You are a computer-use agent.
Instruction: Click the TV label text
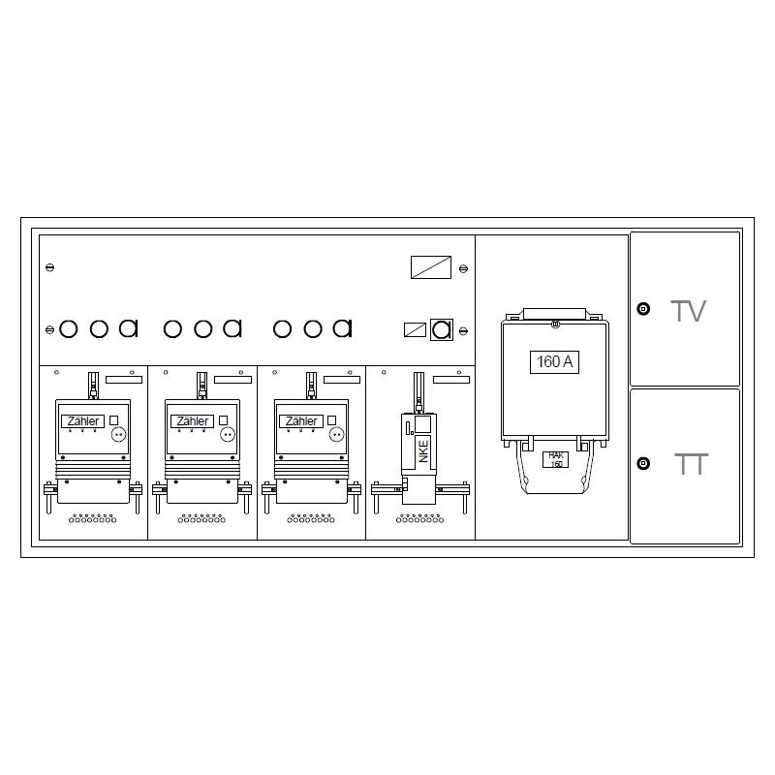[688, 311]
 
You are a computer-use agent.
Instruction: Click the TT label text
[691, 464]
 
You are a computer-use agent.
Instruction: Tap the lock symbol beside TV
[643, 309]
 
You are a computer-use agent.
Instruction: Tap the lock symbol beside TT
[643, 464]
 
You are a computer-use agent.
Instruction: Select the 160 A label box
[554, 361]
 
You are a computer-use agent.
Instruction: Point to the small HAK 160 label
[556, 459]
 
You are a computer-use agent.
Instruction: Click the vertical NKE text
[423, 451]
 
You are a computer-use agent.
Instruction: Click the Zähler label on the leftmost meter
[83, 421]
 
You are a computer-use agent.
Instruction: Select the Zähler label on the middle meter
[192, 421]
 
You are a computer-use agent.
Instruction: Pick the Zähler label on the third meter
[301, 421]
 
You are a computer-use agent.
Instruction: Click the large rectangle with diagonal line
[431, 267]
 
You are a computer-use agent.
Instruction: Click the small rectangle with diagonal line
[416, 329]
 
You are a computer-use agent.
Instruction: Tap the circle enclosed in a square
[442, 329]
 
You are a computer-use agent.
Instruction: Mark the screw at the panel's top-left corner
[50, 267]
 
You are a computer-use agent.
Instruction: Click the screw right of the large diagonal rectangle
[463, 269]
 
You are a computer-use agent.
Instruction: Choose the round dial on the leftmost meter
[118, 434]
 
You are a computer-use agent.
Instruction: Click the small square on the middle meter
[223, 420]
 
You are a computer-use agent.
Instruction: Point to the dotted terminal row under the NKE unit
[420, 518]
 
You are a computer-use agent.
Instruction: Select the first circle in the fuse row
[68, 329]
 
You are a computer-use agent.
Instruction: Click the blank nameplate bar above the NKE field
[451, 380]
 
